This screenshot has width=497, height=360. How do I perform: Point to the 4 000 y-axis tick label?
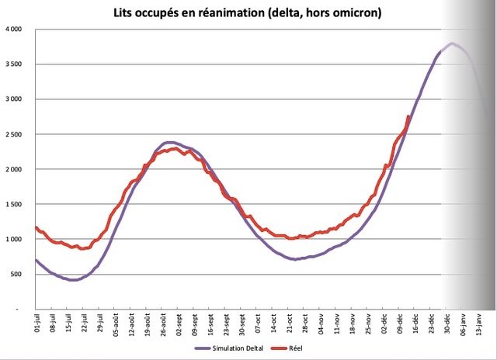(x=12, y=29)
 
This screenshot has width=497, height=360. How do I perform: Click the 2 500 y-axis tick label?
(x=12, y=134)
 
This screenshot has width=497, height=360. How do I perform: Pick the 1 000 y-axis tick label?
(x=12, y=239)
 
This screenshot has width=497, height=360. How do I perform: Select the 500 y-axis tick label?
(x=16, y=274)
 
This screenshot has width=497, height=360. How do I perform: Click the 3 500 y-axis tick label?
(x=12, y=64)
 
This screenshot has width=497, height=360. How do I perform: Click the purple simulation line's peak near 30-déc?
(x=452, y=43)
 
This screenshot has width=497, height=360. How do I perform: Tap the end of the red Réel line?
(x=409, y=116)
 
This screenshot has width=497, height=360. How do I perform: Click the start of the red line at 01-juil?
(x=36, y=227)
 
